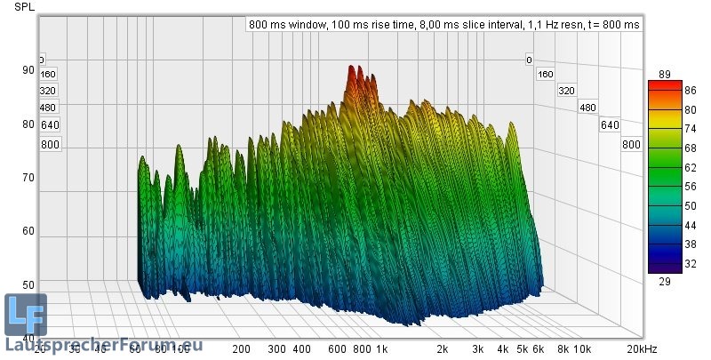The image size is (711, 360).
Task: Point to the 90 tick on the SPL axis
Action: (x=29, y=70)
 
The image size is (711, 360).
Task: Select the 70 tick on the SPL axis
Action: (x=29, y=178)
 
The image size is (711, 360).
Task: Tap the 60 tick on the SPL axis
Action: (x=29, y=231)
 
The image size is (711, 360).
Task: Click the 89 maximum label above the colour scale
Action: (x=664, y=74)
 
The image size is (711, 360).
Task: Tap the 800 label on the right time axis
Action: (x=631, y=145)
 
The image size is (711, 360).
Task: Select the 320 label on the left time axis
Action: (x=48, y=91)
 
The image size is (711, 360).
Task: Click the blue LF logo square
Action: (x=25, y=314)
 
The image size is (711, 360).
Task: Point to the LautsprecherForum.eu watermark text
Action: (x=104, y=345)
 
